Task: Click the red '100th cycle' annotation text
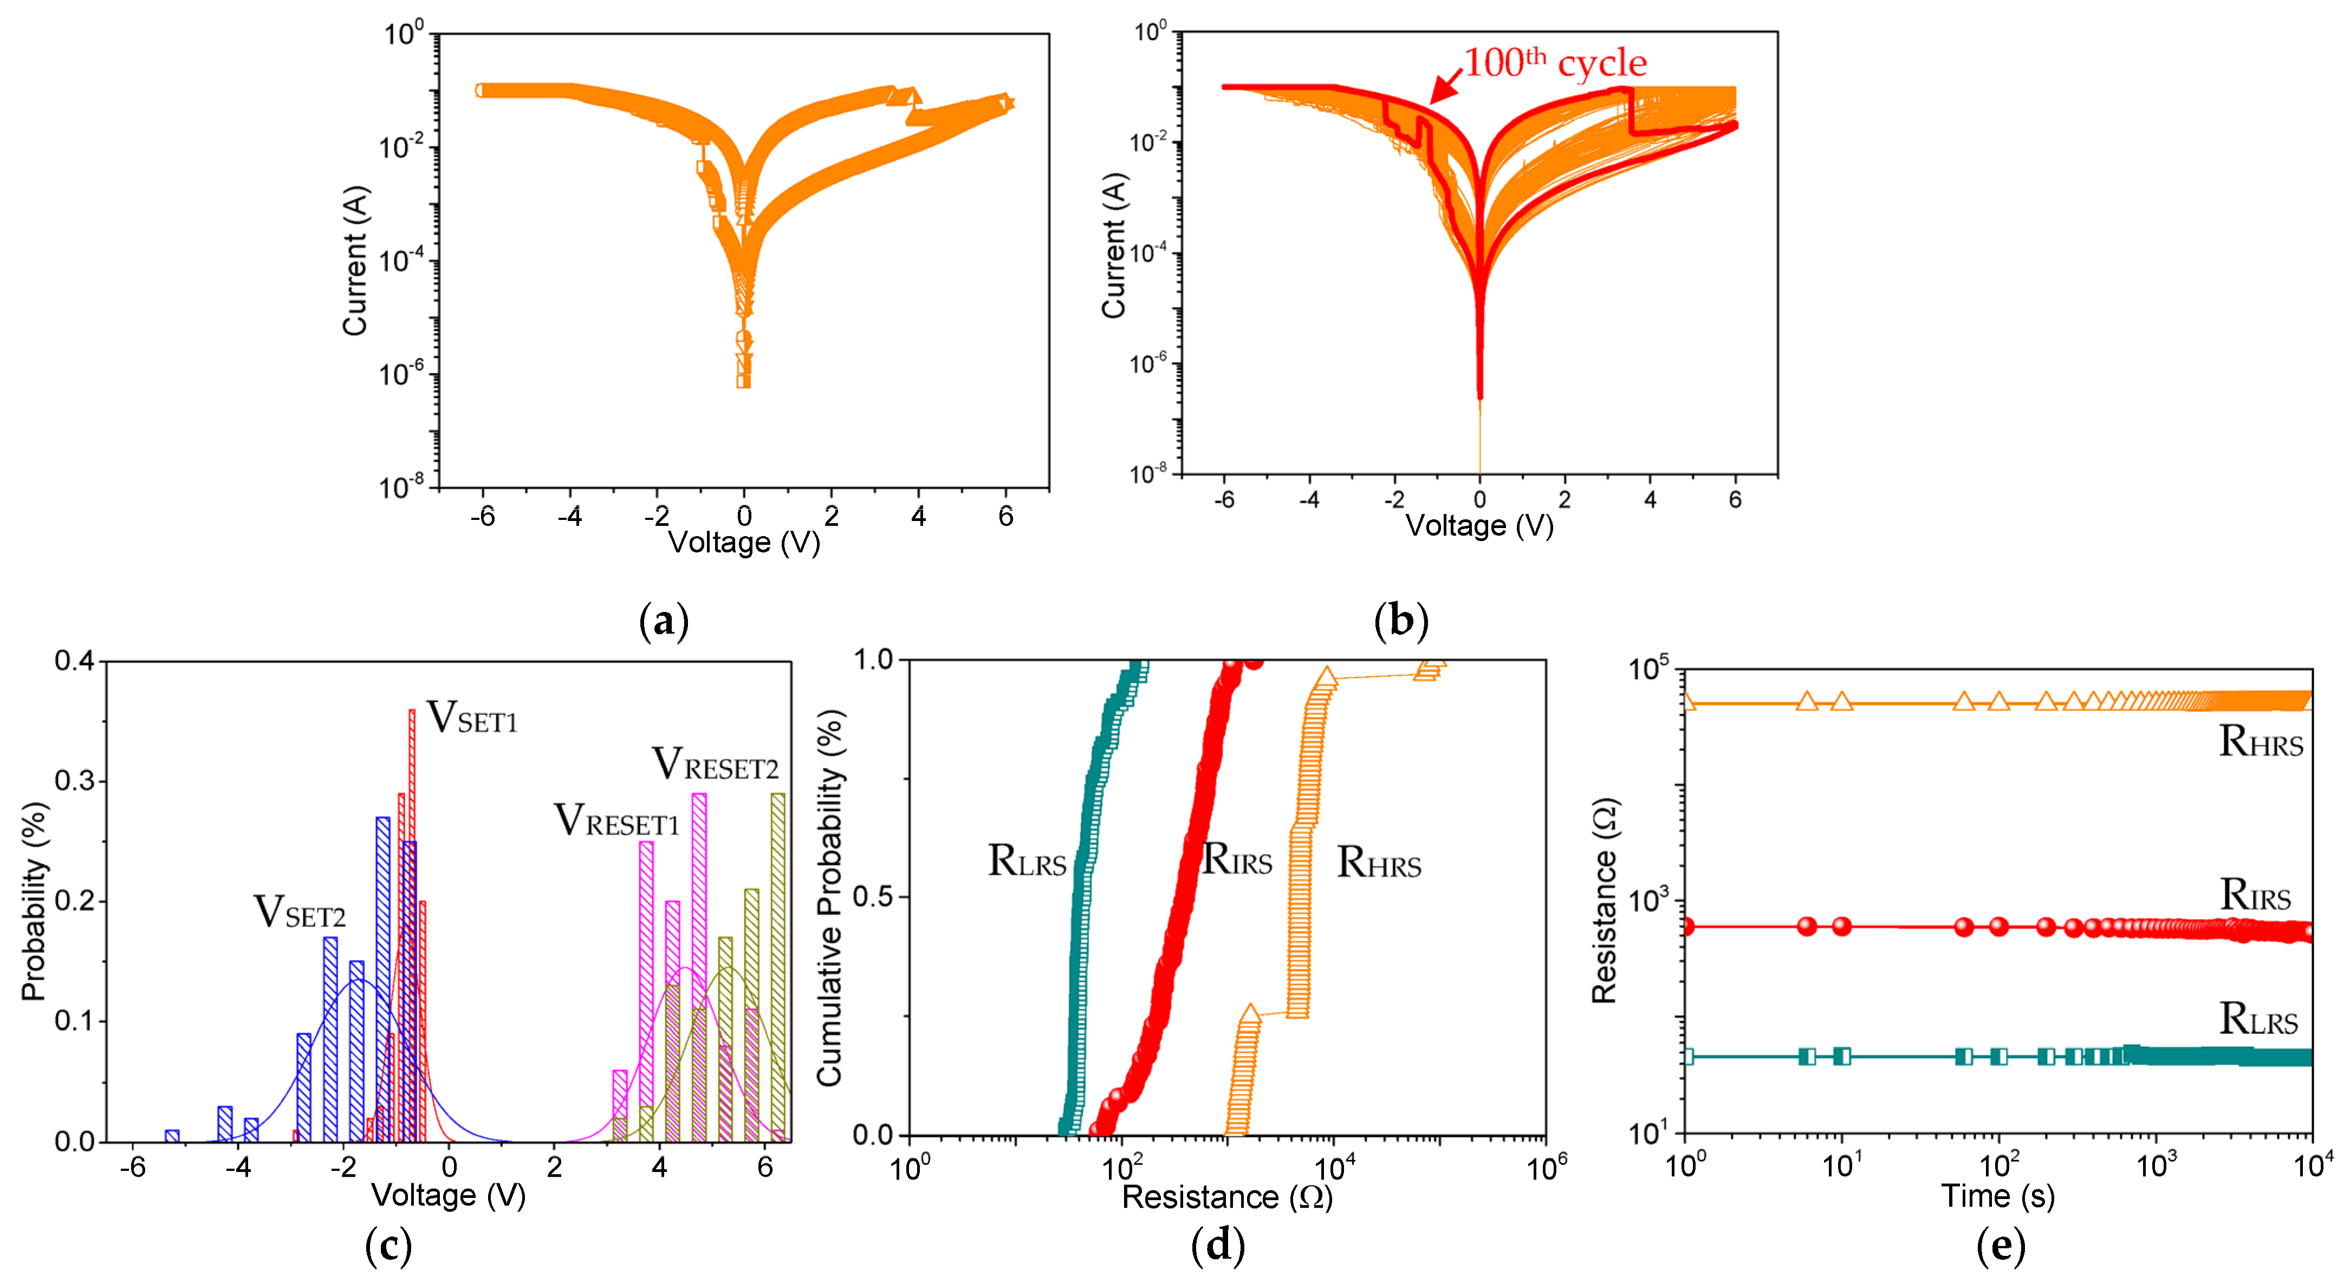[1555, 63]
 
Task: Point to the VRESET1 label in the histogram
[616, 820]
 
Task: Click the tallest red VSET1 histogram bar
[411, 921]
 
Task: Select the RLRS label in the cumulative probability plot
[1027, 861]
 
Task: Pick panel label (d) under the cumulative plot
[1218, 1246]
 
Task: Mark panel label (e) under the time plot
[2000, 1246]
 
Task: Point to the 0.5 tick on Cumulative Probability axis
[872, 897]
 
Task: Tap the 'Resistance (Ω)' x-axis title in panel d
[1227, 1196]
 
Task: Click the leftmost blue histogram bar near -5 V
[172, 1135]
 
